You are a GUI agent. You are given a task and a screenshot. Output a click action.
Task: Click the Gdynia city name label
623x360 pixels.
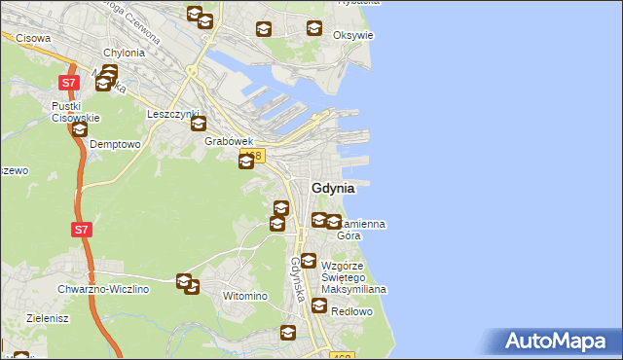332,188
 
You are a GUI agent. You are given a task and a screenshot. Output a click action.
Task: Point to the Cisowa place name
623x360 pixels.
33,38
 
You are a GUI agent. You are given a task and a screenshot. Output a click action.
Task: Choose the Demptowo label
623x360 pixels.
115,143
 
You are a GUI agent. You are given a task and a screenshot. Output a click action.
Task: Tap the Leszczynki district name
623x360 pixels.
172,113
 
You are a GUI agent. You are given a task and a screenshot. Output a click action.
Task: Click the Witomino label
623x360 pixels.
245,295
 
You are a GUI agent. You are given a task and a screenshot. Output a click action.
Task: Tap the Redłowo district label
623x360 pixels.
351,311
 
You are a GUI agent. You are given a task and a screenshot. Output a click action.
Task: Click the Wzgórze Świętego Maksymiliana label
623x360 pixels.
354,277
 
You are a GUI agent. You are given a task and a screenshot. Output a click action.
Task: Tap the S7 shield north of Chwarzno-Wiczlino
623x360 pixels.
82,231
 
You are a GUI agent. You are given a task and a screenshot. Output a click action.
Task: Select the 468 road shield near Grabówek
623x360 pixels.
254,155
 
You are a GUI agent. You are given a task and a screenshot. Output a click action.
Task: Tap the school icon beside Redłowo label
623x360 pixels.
318,306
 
